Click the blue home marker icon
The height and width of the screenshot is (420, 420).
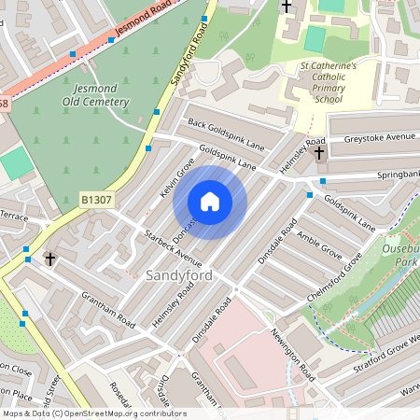(210, 202)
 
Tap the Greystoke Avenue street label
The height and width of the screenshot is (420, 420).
(378, 137)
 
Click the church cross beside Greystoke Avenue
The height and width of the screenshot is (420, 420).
(319, 152)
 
